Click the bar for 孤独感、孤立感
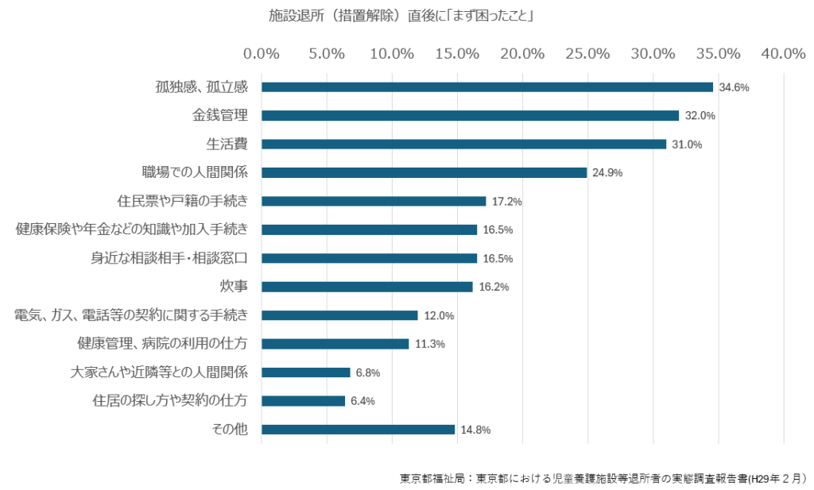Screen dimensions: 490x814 pos(486,87)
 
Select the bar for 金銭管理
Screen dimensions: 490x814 pos(470,116)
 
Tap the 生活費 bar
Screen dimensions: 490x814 pos(463,145)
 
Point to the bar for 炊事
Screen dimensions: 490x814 pos(366,287)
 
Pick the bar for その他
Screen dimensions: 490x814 pos(358,430)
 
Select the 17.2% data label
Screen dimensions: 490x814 pos(506,202)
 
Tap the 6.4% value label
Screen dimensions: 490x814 pos(362,401)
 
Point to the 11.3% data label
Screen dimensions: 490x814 pos(430,344)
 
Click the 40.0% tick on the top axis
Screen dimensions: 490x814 pos(783,54)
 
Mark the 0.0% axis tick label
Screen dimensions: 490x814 pos(262,54)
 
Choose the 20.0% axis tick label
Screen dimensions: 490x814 pos(522,54)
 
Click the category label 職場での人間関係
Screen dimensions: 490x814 pos(195,172)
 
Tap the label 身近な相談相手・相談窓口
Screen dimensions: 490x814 pos(169,258)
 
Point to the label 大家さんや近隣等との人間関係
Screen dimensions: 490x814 pos(159,372)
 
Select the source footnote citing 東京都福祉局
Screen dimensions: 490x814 pos(602,478)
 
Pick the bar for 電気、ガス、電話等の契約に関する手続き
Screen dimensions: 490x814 pos(339,315)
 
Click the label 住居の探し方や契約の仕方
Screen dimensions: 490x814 pos(170,401)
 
